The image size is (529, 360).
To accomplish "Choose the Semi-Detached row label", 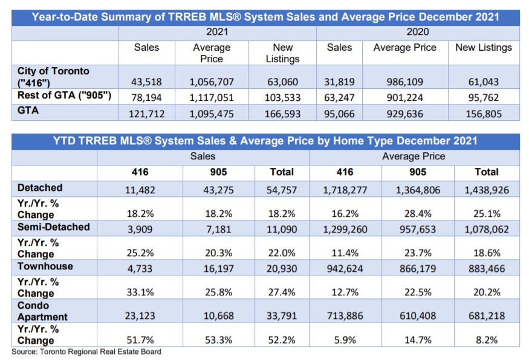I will (54, 227).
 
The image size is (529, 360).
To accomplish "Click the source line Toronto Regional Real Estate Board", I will (86, 352).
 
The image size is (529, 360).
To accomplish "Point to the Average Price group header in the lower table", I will (414, 156).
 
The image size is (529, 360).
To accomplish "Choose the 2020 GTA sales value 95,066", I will (339, 113).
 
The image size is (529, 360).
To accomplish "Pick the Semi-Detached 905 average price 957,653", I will (418, 230).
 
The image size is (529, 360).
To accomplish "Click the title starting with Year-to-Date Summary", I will (265, 17).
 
